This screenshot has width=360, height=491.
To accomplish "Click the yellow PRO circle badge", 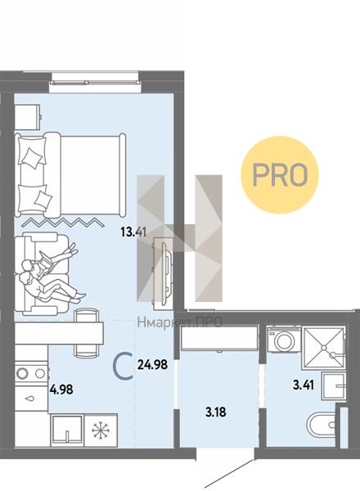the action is tap(279, 175).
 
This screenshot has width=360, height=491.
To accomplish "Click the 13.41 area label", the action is tap(133, 232).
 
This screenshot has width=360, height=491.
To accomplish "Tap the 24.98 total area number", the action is tap(152, 364).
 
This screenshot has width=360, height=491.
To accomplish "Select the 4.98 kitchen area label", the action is tap(61, 390).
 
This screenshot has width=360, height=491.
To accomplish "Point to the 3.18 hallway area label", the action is tap(216, 412).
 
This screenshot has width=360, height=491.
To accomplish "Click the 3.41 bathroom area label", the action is tap(304, 385).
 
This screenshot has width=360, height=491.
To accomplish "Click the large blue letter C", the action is tap(123, 366).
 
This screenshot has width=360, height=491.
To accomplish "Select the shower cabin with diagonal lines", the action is tap(324, 348).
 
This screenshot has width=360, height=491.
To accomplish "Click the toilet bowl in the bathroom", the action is tap(322, 425).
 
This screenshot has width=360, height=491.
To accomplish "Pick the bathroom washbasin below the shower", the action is tap(334, 386).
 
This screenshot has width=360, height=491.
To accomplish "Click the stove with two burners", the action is tap(31, 373).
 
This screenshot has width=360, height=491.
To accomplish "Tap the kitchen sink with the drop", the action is tap(31, 399).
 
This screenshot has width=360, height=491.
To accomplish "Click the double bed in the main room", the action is tap(70, 175).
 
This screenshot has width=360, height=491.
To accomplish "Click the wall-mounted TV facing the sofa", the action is tap(163, 270).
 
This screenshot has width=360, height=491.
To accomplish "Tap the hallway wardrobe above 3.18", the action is tap(219, 339).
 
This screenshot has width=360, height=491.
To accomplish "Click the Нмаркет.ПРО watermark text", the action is tap(180, 322).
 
